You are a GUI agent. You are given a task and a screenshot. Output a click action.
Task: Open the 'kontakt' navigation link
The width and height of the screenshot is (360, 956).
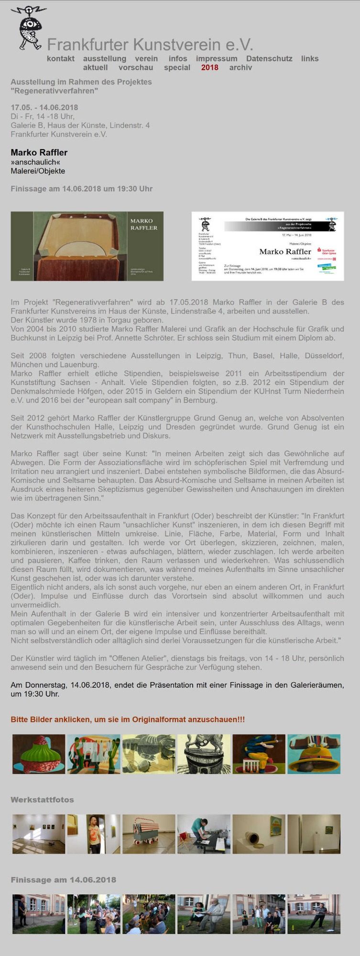[61, 58]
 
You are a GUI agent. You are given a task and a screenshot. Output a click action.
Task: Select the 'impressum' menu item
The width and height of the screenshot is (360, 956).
[216, 58]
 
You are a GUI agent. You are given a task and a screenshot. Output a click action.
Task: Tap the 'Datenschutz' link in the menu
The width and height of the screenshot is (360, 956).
[269, 58]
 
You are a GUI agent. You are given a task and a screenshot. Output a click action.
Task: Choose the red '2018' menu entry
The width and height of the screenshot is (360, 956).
[209, 67]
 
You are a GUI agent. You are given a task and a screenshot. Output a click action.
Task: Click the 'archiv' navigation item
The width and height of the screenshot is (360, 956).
[240, 67]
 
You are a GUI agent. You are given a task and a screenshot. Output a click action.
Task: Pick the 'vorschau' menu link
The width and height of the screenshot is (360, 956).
[136, 67]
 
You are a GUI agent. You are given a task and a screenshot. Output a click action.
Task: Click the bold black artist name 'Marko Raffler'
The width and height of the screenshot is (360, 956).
[39, 152]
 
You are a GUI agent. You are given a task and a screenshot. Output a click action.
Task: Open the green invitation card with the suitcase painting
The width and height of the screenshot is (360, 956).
[87, 246]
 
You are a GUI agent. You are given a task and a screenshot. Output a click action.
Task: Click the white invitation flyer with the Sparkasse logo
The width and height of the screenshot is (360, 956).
[268, 246]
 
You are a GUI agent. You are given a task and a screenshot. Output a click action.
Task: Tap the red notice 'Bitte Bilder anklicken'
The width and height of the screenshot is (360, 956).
[128, 719]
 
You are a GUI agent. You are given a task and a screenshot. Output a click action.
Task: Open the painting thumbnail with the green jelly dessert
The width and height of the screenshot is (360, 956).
[39, 754]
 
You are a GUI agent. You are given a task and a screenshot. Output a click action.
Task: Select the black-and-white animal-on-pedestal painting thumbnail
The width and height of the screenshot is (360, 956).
[204, 754]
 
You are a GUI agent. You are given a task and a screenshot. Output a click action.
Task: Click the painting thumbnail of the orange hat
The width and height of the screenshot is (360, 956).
[314, 754]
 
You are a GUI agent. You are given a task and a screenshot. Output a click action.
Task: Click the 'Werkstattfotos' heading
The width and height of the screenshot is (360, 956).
[42, 800]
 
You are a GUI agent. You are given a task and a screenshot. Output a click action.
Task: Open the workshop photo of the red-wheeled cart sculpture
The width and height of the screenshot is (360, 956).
[149, 834]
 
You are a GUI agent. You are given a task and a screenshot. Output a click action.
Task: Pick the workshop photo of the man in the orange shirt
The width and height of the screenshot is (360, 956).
[94, 834]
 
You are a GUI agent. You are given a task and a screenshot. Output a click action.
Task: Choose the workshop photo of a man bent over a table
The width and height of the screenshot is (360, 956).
[204, 834]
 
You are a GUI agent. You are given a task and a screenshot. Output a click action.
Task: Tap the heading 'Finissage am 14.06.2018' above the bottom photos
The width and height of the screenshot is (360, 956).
[63, 880]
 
